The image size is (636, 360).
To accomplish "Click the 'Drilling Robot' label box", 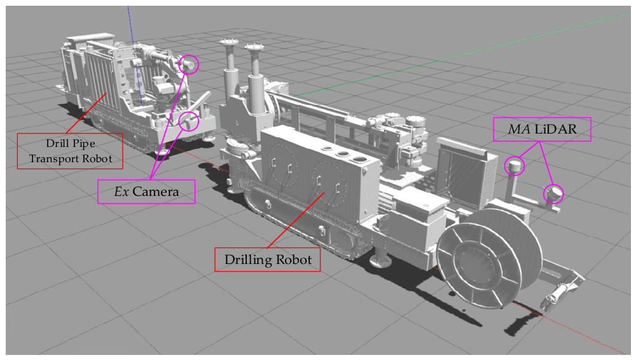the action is point(267,260).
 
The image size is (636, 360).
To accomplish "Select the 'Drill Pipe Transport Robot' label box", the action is point(70,151).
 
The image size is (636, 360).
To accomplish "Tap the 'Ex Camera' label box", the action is point(146,191).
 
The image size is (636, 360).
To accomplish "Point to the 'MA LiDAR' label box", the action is point(542,130).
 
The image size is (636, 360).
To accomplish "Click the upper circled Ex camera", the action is point(189,64).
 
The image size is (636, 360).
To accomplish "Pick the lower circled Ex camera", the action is point(189,121).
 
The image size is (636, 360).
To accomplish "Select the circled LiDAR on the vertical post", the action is point(515,165).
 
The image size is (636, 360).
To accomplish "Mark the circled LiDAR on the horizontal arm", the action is point(553,193).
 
